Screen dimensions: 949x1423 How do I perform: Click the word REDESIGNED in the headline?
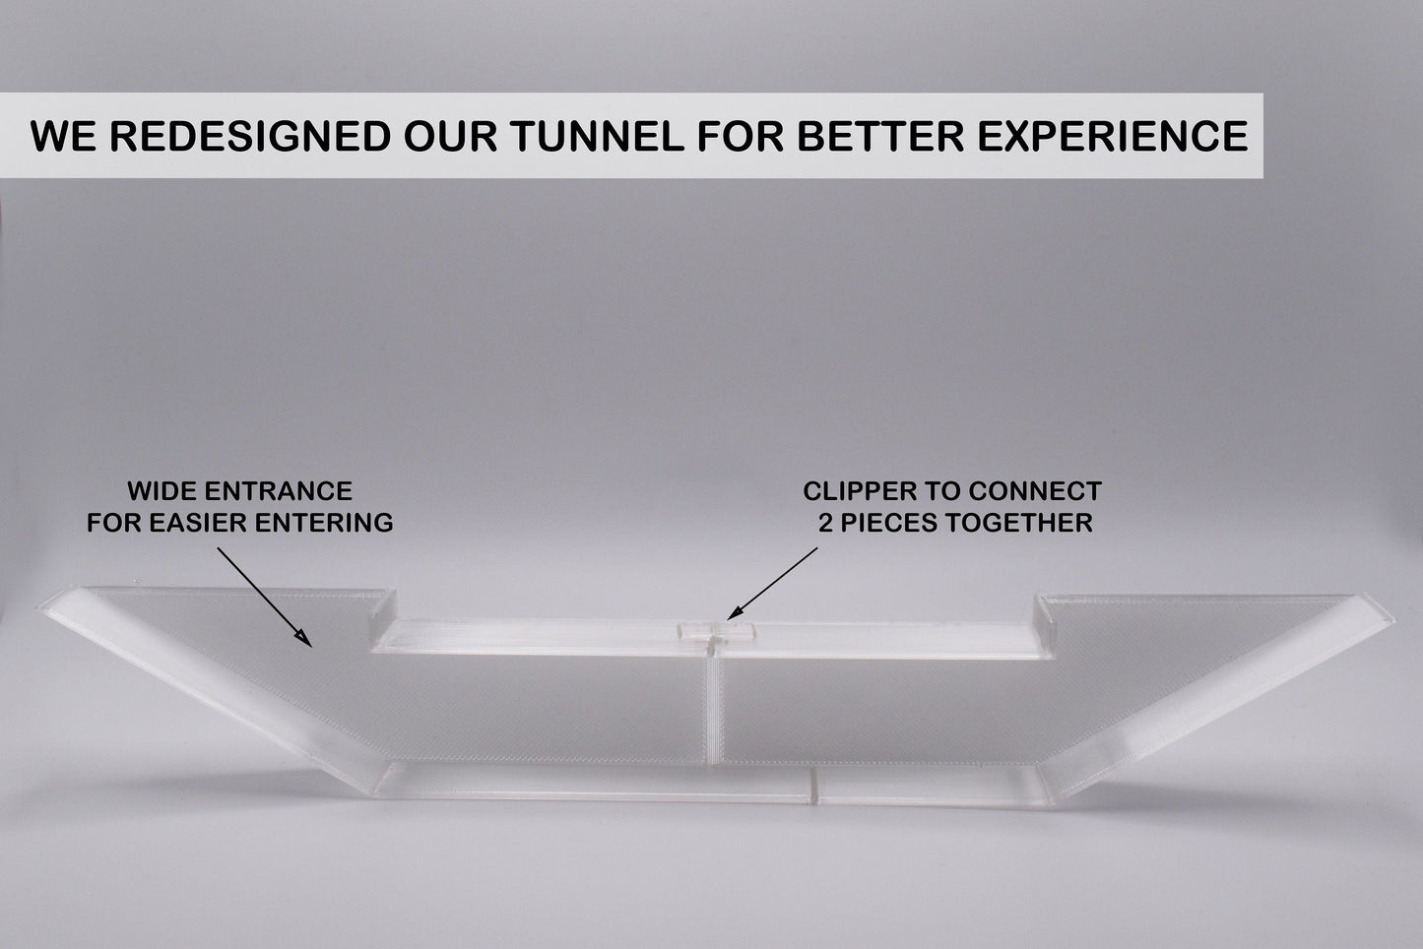(x=250, y=136)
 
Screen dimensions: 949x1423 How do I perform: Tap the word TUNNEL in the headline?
(x=598, y=136)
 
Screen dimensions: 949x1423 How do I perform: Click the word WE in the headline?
(x=61, y=136)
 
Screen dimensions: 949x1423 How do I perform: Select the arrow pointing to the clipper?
(x=772, y=583)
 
